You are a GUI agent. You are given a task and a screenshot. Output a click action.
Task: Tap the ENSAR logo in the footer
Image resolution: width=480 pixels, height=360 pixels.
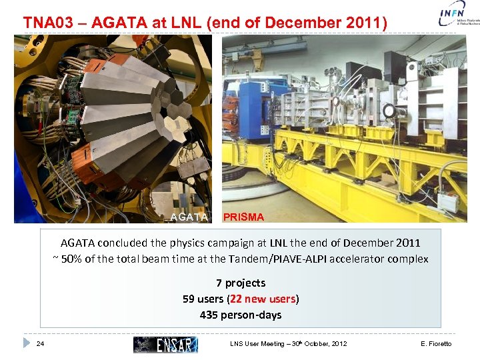165,344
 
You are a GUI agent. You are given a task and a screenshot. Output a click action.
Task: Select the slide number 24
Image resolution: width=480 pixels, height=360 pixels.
40,344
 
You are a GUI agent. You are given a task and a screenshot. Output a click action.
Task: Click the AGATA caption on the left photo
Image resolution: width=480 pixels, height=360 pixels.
189,217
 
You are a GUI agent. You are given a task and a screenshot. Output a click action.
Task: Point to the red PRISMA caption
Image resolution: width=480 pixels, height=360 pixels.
243,217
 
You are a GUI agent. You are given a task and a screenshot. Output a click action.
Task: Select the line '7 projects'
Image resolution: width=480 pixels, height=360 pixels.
240,283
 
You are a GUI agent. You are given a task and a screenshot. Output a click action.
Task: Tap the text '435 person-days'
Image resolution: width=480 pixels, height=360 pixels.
240,315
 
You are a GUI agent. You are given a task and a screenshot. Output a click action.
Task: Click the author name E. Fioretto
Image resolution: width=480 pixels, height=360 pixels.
436,344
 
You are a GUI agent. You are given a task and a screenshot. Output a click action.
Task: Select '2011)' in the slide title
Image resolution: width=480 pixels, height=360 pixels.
365,23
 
